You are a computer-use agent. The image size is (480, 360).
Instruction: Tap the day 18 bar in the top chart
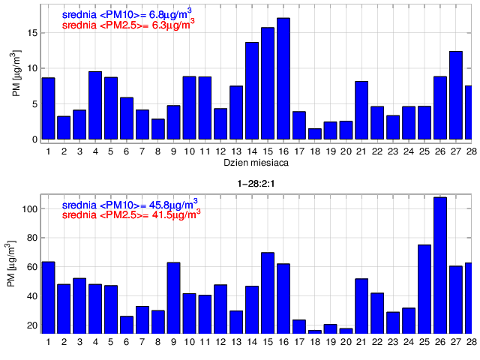coord(315,133)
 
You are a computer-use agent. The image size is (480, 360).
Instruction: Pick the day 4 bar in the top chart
coord(95,105)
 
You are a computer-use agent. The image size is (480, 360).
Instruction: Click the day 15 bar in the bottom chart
coord(268,292)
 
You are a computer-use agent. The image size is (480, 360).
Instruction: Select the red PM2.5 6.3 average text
coord(128,23)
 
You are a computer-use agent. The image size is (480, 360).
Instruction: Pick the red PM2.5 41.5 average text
coord(130,214)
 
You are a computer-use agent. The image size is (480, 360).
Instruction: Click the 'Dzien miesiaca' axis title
coord(256,162)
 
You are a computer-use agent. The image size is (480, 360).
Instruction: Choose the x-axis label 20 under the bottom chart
coord(346,343)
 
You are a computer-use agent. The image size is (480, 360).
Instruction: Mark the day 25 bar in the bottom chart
coord(424,289)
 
